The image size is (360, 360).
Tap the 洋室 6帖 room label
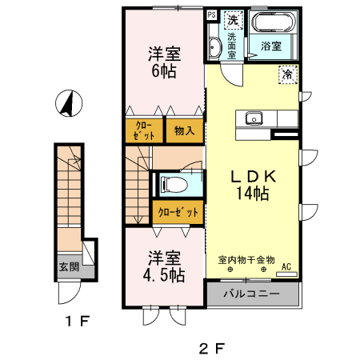(x=163, y=62)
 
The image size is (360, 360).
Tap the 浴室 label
(x=271, y=46)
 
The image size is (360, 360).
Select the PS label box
(x=211, y=15)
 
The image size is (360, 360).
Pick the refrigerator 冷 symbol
(x=286, y=74)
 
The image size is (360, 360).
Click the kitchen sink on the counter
(x=255, y=119)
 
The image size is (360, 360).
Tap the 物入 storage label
(x=182, y=130)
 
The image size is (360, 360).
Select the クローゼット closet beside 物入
(x=145, y=130)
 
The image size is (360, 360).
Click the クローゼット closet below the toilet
(x=178, y=212)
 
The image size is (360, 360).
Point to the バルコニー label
(x=251, y=294)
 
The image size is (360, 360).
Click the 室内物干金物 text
(x=246, y=260)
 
